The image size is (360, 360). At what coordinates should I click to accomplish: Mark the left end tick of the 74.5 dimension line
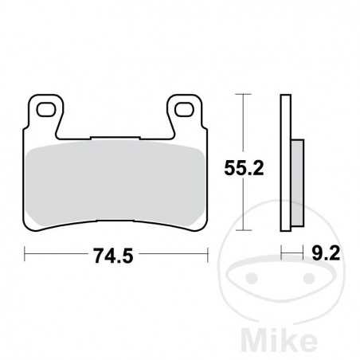tap(27, 256)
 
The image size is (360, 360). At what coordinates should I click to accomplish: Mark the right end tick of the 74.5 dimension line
tap(208, 256)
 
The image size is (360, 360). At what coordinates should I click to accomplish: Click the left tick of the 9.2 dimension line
tap(282, 256)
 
